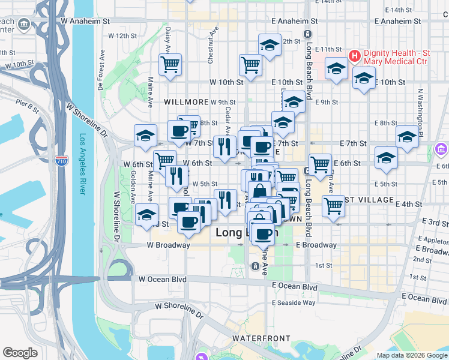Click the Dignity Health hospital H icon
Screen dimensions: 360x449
[x=354, y=56]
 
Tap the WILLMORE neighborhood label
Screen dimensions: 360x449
[x=187, y=103]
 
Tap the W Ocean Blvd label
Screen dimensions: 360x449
[x=163, y=279]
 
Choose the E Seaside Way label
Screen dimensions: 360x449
[x=294, y=302]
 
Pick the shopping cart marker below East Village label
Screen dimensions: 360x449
[x=333, y=207]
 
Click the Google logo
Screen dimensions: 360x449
[x=20, y=353]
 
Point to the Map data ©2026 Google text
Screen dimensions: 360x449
[x=411, y=355]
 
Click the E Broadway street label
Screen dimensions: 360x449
[x=316, y=245]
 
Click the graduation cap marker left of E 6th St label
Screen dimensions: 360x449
[x=386, y=158]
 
